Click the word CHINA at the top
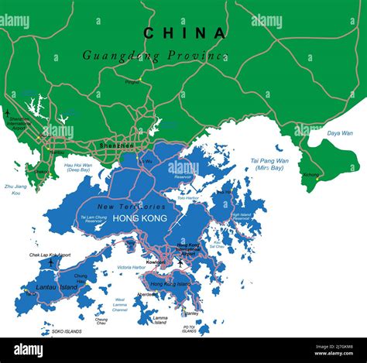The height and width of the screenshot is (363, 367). pyautogui.click(x=184, y=33)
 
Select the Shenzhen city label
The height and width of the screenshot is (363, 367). pyautogui.click(x=116, y=146)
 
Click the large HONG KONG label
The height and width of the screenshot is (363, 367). pyautogui.click(x=140, y=219)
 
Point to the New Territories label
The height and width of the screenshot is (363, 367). pyautogui.click(x=132, y=207)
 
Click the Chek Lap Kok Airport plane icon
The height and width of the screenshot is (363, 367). pyautogui.click(x=51, y=262)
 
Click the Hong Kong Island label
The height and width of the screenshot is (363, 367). pyautogui.click(x=170, y=285)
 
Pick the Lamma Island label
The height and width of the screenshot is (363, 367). pyautogui.click(x=159, y=320)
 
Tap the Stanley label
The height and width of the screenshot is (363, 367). pyautogui.click(x=190, y=313)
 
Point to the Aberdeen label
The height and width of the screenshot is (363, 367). pyautogui.click(x=145, y=294)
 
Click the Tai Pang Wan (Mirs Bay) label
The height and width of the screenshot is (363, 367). pyautogui.click(x=269, y=165)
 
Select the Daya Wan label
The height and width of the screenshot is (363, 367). pyautogui.click(x=340, y=133)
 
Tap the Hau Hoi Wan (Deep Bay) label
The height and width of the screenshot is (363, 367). pyautogui.click(x=78, y=167)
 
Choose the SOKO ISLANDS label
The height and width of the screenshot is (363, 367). pyautogui.click(x=68, y=331)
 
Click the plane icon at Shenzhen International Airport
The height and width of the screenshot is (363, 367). pyautogui.click(x=8, y=114)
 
